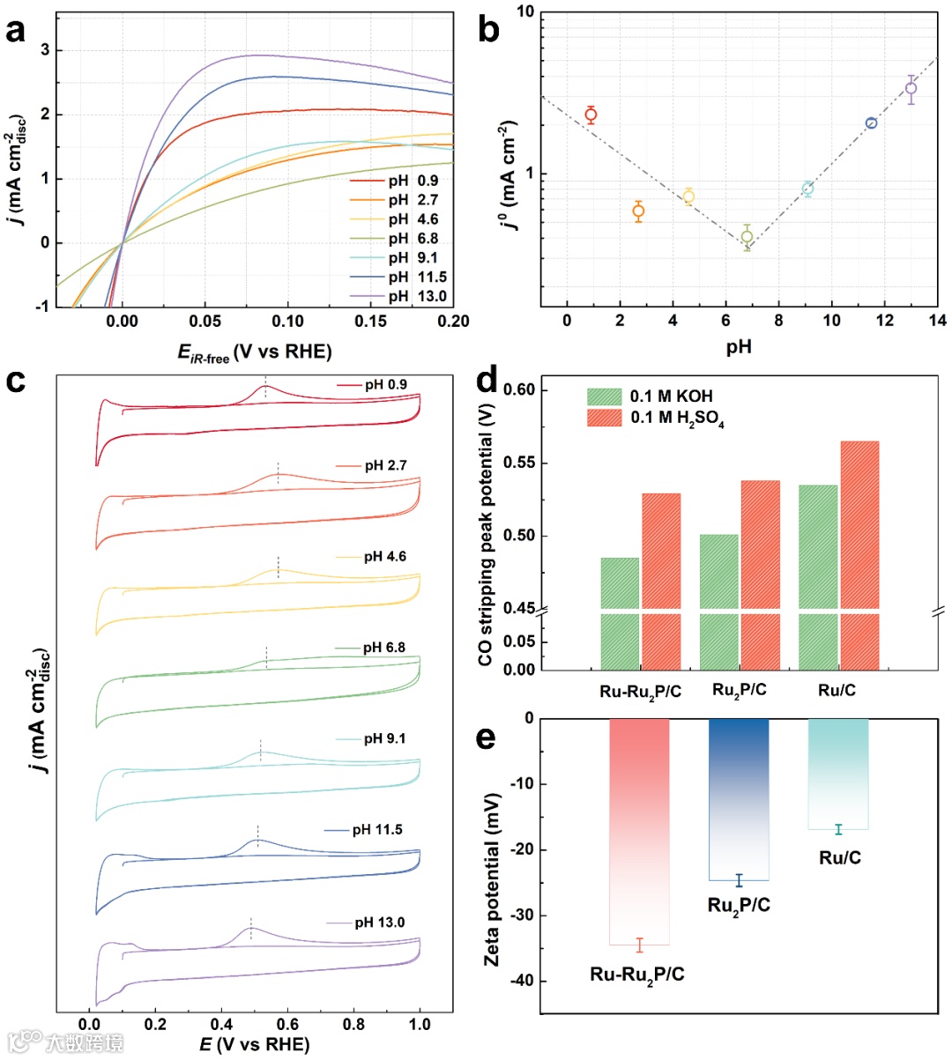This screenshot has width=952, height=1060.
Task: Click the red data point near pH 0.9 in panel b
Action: tap(591, 115)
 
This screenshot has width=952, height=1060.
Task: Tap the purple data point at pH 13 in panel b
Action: tap(911, 88)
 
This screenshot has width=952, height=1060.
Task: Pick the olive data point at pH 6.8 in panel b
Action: tap(747, 237)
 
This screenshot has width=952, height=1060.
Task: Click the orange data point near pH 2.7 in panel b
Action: tap(638, 211)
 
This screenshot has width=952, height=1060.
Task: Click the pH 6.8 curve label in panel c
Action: tap(384, 648)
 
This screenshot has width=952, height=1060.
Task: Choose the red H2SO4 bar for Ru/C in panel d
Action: tap(859, 555)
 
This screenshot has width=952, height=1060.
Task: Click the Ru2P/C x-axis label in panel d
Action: tap(739, 691)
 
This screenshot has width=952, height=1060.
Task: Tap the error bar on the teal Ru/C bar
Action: tap(838, 829)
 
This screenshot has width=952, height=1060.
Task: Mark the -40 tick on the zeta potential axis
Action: tap(519, 982)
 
